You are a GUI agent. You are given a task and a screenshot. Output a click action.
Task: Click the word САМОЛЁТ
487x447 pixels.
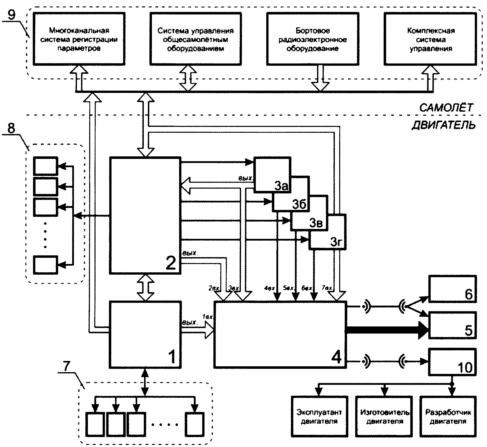[x=446, y=108]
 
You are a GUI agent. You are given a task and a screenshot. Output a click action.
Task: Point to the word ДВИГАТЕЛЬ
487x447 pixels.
[x=443, y=125]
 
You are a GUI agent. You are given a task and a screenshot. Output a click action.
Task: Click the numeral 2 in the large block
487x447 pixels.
[x=170, y=263]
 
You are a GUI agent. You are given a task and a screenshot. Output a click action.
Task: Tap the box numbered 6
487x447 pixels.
[x=452, y=289]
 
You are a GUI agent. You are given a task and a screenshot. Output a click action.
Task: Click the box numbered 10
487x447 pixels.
[x=452, y=362]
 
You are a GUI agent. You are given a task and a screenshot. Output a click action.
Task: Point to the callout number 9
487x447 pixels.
[x=12, y=15]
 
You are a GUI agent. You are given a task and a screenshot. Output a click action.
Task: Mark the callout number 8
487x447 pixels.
[x=11, y=129]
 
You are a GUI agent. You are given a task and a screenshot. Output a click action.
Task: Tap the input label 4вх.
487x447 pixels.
[x=270, y=288]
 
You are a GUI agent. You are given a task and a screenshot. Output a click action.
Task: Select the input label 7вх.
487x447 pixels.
[x=327, y=288]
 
